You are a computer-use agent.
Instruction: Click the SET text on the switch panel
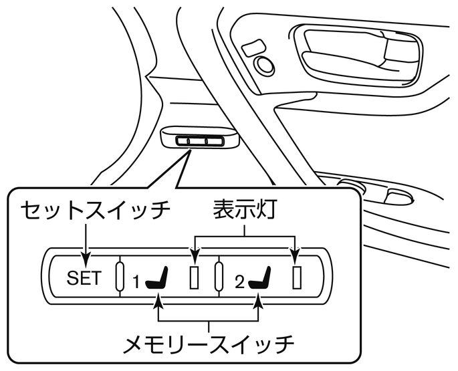point(84,277)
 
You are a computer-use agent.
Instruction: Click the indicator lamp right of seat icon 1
point(194,277)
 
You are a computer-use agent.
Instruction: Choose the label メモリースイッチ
point(209,344)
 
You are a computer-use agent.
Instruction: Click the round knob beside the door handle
point(264,64)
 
